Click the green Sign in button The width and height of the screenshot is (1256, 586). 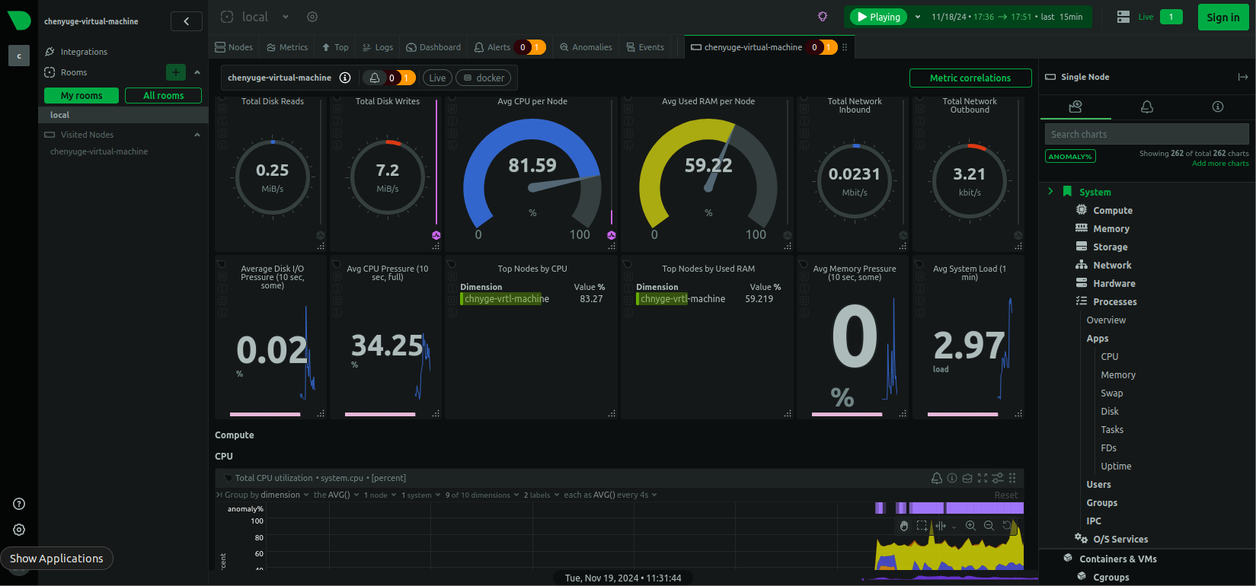tap(1222, 18)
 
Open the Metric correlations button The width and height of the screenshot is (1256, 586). tap(970, 78)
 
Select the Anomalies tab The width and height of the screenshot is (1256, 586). tap(586, 47)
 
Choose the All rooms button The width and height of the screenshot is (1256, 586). tap(163, 96)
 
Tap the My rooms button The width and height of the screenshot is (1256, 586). tap(81, 96)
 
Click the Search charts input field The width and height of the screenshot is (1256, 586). tap(1146, 135)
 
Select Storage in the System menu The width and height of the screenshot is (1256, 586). tap(1110, 247)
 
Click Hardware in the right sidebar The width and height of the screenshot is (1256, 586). tap(1114, 284)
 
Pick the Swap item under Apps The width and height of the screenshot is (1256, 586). tap(1111, 393)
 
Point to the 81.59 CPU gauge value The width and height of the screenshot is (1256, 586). tap(532, 165)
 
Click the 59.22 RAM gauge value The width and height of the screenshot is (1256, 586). tap(708, 165)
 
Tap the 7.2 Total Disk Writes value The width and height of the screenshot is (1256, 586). tap(388, 170)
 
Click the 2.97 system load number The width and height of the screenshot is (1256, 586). tap(969, 346)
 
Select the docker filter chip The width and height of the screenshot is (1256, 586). tap(484, 78)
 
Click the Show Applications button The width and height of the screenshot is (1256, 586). tap(56, 559)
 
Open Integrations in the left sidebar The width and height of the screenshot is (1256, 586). tap(84, 52)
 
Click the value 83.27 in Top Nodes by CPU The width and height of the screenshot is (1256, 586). tap(591, 299)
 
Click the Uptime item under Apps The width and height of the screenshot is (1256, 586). tap(1116, 467)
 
